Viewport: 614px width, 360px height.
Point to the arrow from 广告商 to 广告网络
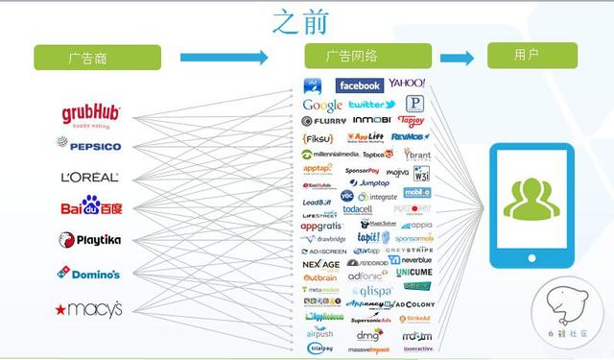point(224,58)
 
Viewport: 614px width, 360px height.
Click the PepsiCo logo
point(88,146)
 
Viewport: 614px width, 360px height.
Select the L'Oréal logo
point(89,177)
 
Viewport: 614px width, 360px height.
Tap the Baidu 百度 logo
point(91,206)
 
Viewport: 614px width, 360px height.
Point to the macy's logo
point(89,309)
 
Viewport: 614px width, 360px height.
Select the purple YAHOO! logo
point(407,84)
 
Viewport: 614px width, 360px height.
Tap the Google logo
point(322,105)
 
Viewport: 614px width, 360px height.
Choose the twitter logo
point(371,105)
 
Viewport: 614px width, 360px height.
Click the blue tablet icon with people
point(531,204)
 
